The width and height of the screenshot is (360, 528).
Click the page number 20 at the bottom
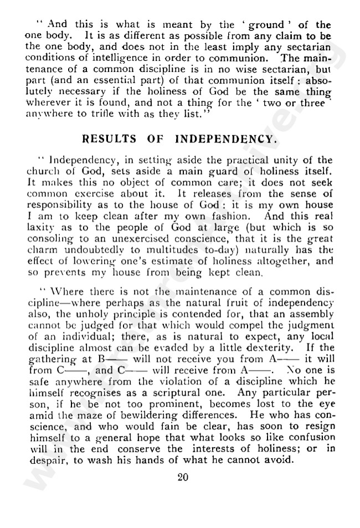point(183,478)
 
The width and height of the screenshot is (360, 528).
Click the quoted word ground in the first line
point(268,25)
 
